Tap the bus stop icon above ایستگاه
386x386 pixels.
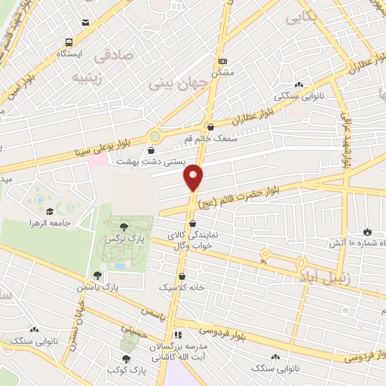[x=69, y=43]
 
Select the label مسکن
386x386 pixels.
[x=222, y=72]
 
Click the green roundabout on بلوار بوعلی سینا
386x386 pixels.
[x=155, y=136]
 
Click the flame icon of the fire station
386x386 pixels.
[x=367, y=231]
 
